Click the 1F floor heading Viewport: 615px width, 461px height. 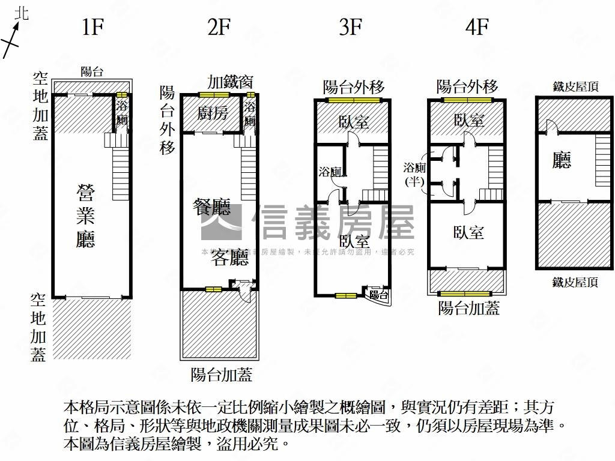tap(92, 28)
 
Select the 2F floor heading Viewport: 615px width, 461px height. tap(219, 28)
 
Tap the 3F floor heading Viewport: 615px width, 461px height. tap(350, 28)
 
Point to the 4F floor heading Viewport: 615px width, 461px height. tap(477, 28)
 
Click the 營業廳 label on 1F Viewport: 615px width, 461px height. tap(86, 216)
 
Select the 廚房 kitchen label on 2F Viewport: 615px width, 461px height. tap(213, 113)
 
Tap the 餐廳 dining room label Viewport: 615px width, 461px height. tap(211, 208)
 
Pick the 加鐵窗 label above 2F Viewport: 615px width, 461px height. tap(231, 82)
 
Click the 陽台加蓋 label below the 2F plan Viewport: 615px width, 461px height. tap(222, 375)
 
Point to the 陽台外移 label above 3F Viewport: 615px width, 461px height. tap(354, 87)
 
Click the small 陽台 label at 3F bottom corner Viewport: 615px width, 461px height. tap(378, 295)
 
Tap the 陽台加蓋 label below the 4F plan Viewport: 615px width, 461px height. tap(468, 309)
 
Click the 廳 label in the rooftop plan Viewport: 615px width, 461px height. tap(562, 160)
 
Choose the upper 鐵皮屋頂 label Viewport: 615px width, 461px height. tap(575, 87)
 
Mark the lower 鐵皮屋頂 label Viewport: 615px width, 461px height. tap(575, 282)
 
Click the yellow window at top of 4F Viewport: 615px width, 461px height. tap(467, 100)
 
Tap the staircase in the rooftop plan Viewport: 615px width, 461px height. tap(602, 160)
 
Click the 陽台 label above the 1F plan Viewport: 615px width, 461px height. tap(92, 71)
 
